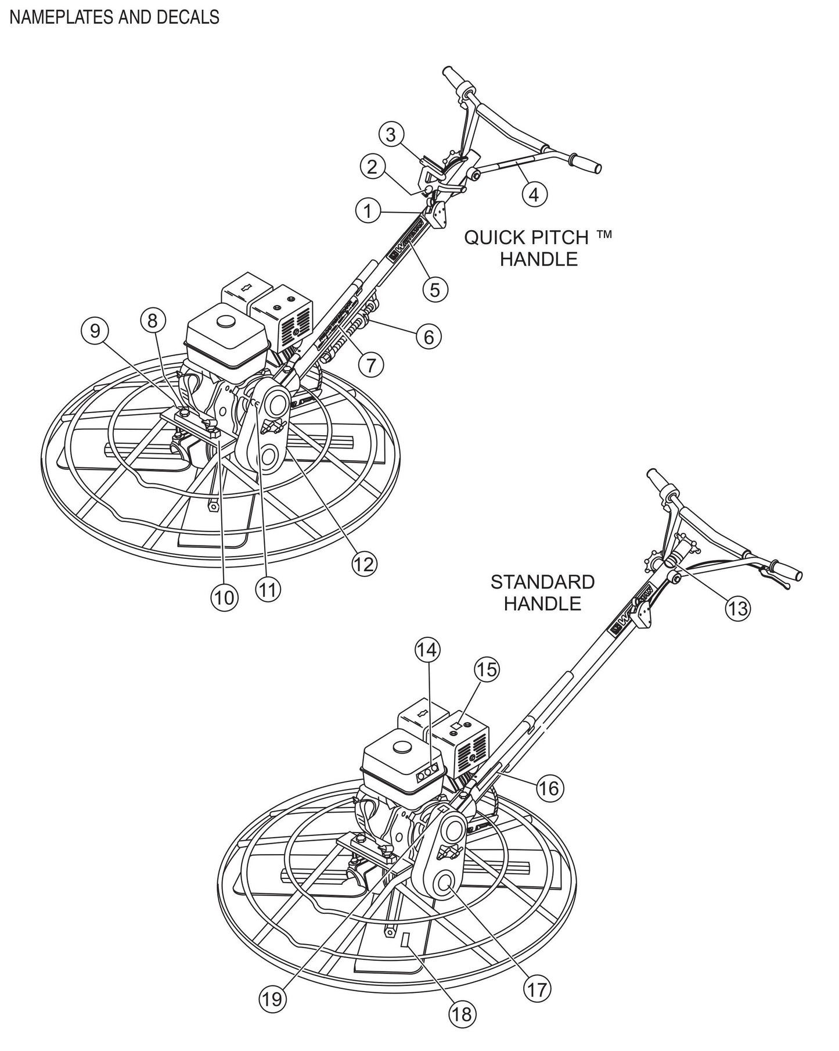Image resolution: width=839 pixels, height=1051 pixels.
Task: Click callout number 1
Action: click(x=368, y=211)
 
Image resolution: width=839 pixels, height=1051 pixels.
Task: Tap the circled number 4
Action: click(x=534, y=193)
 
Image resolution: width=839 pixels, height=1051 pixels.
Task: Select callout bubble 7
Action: click(x=371, y=364)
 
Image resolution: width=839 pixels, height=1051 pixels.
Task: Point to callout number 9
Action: click(x=95, y=331)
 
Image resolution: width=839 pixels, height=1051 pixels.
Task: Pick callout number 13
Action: click(x=737, y=608)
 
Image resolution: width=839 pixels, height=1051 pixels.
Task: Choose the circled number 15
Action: click(x=487, y=670)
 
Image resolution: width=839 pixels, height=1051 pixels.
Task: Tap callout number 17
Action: click(x=538, y=989)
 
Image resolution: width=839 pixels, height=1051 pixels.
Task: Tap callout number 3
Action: click(x=391, y=135)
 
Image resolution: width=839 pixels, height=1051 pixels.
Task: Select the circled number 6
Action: click(x=428, y=337)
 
